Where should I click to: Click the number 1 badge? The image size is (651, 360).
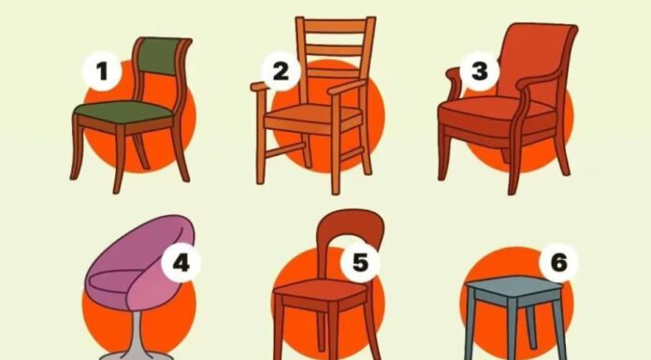(102, 71)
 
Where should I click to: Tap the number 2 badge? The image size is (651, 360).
(282, 71)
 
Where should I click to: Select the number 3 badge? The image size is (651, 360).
(480, 71)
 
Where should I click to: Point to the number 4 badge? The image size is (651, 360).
(181, 263)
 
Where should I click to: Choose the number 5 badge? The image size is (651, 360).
(360, 263)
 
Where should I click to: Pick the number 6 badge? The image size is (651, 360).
(558, 263)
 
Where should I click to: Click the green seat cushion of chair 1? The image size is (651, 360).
(123, 111)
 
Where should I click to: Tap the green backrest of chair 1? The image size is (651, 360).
(160, 56)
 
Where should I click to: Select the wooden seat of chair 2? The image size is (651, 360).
(313, 113)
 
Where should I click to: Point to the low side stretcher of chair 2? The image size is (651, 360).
(284, 150)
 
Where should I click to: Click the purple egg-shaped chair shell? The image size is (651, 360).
(140, 263)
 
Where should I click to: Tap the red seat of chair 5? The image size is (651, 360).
(321, 290)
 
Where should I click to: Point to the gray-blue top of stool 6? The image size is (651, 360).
(514, 286)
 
